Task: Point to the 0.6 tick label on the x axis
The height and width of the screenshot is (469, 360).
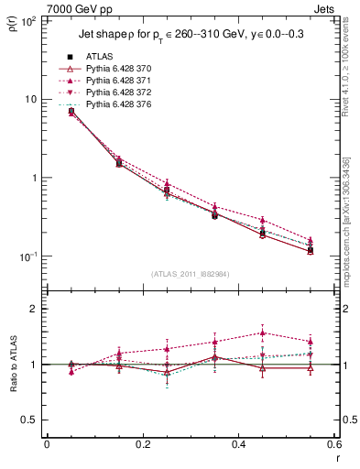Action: click(333, 443)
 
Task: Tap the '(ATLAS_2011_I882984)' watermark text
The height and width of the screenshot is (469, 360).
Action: click(190, 274)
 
